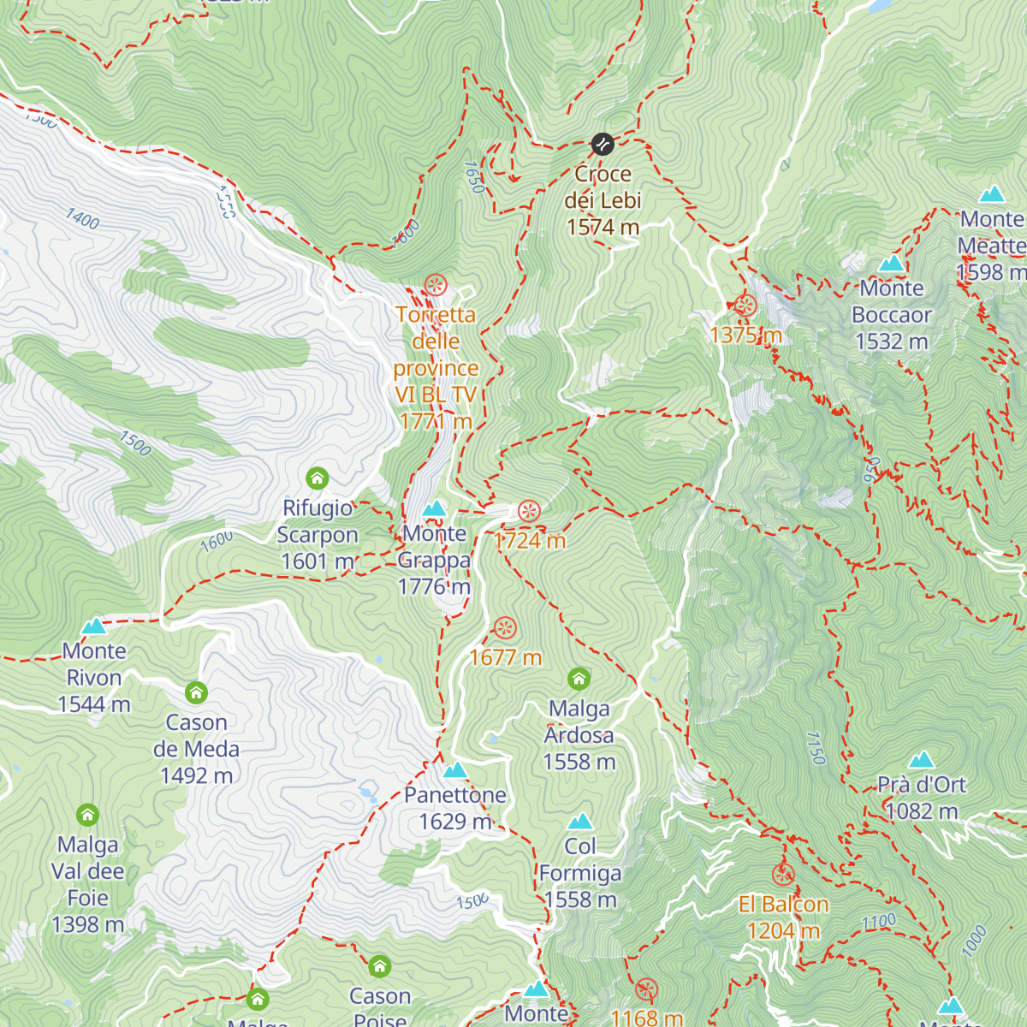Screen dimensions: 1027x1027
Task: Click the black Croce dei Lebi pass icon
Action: pos(603,144)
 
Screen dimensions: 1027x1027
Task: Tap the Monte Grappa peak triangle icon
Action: pos(435,509)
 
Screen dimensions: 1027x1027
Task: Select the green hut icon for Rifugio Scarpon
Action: pos(318,478)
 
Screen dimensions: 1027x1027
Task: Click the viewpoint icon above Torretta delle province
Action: pos(436,284)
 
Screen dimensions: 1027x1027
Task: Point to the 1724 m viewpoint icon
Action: pos(529,512)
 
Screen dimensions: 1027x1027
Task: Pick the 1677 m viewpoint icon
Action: pos(505,628)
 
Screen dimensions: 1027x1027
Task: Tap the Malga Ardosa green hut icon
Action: pos(579,680)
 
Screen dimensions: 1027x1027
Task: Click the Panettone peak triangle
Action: pos(455,770)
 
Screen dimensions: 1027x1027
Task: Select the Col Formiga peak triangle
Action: pos(580,822)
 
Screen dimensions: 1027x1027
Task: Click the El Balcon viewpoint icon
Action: pos(783,875)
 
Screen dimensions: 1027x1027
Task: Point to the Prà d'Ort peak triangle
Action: pos(921,760)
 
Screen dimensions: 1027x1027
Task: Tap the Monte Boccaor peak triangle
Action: pos(892,263)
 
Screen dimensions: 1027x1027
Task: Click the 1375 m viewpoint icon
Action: pos(745,306)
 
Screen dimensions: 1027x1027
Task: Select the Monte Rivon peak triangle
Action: pos(94,626)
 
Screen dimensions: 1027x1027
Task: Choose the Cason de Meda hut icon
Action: pos(196,692)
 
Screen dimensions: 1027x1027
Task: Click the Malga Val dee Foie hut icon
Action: pos(87,815)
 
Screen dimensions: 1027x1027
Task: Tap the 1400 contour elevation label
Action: pos(83,219)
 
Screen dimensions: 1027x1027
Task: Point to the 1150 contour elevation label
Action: pos(816,747)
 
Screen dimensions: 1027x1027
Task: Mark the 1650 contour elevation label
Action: pos(474,177)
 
